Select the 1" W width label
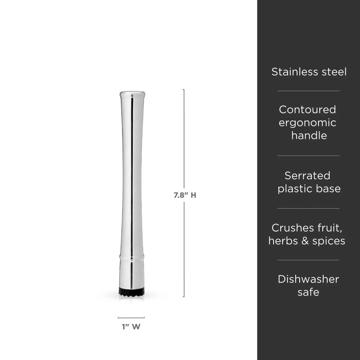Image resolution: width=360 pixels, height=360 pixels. pos(131,328)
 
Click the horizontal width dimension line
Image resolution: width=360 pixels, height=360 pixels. pos(131,317)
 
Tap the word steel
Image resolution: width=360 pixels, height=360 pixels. pos(332,72)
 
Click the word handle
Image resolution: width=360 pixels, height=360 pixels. pos(308,135)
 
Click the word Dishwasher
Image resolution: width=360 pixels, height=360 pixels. pos(308,279)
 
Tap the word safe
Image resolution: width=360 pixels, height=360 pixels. pos(308,292)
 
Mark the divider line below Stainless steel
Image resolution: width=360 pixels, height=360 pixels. pos(308,91)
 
